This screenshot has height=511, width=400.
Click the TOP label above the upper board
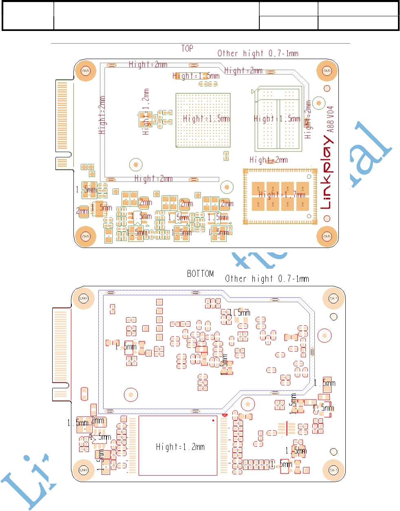[187, 48]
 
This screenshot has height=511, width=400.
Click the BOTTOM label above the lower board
[200, 274]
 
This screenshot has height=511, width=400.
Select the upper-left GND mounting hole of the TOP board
[86, 71]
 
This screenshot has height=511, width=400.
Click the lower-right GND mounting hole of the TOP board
[327, 236]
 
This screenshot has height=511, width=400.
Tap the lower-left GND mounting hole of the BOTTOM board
[83, 470]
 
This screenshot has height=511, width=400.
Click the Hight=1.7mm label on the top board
[282, 195]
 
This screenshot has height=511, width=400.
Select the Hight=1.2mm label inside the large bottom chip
[180, 447]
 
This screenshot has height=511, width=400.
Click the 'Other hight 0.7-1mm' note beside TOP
[258, 53]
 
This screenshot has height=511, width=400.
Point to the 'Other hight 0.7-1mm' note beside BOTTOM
[267, 279]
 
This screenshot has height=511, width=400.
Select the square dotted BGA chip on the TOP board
[203, 120]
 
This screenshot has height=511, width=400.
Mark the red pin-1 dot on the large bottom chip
[213, 420]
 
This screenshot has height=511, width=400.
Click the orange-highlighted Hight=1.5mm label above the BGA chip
[196, 76]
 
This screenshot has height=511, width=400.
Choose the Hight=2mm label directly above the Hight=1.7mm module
[269, 160]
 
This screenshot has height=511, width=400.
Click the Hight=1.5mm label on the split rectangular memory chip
[277, 118]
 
